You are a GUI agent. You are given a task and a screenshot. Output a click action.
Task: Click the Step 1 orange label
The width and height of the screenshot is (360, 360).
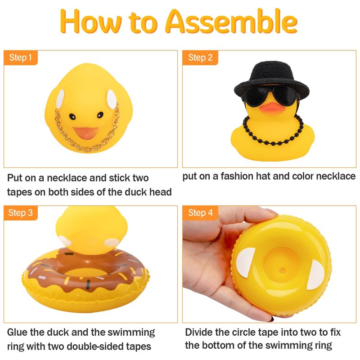[x=21, y=58]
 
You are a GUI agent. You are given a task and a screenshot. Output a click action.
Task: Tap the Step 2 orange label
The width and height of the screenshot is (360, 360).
[x=200, y=58]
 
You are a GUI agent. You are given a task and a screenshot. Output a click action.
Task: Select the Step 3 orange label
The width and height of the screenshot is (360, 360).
[x=21, y=213]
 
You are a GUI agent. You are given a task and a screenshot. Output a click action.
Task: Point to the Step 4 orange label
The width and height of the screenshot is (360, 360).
[x=200, y=213]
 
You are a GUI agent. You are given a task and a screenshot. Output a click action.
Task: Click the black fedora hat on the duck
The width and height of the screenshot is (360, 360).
[x=272, y=79]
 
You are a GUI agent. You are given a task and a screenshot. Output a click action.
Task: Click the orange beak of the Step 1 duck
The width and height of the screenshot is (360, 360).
[x=86, y=133]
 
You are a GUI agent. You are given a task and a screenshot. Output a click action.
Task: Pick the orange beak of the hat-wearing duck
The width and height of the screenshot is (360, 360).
[x=272, y=108]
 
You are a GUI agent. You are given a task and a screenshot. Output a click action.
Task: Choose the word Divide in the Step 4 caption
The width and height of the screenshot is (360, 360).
[x=198, y=332]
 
